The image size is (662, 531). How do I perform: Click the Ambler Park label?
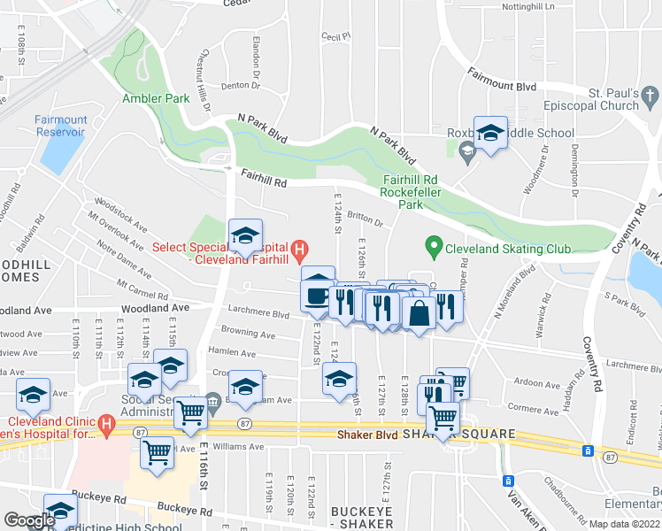coord(156,99)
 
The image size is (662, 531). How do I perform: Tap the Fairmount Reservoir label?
coord(61,126)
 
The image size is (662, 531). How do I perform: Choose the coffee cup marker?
coord(315,295)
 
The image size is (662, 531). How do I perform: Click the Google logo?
coord(28,520)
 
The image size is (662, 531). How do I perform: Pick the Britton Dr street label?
coord(364,218)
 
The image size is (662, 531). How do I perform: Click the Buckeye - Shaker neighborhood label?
coord(360,518)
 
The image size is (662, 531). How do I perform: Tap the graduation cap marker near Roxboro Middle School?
coord(490,133)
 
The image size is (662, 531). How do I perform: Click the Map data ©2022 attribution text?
coord(624,524)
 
